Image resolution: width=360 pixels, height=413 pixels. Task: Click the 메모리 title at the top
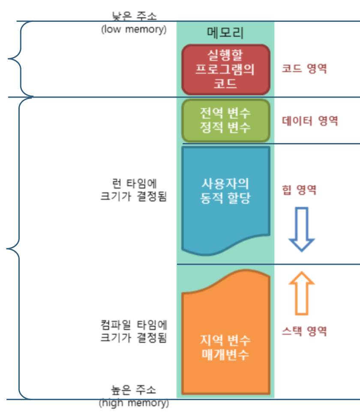point(225,33)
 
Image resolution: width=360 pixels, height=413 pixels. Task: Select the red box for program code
point(225,69)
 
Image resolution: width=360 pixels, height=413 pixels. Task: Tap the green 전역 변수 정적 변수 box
point(225,120)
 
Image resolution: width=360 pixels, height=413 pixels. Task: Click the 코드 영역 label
point(304,69)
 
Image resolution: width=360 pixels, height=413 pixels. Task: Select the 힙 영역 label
point(300,190)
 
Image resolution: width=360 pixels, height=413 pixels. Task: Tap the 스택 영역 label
point(305,331)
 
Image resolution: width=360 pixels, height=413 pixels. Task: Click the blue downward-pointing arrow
point(302,229)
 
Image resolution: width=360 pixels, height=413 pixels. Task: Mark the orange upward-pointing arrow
point(302,293)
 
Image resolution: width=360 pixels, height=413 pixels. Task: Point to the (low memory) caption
point(133,30)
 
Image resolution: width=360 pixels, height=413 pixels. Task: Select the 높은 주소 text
point(134,390)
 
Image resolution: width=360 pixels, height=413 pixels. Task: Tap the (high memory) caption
point(134,403)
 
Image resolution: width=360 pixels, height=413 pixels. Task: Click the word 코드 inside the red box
point(225,83)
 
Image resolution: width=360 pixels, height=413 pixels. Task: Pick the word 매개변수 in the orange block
point(225,355)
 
